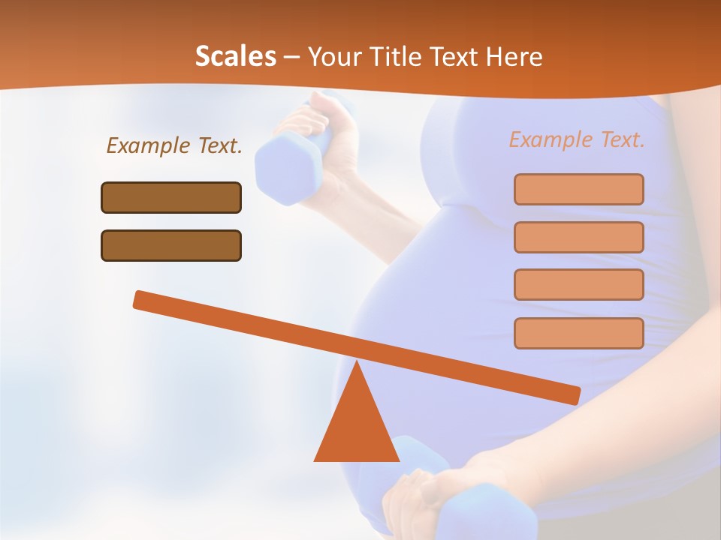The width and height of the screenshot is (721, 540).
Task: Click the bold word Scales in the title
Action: pyautogui.click(x=235, y=57)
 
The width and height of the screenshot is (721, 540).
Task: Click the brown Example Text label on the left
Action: pyautogui.click(x=174, y=146)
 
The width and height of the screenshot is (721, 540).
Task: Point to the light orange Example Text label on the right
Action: pyautogui.click(x=577, y=139)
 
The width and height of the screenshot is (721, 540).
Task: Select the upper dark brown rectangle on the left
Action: pyautogui.click(x=171, y=198)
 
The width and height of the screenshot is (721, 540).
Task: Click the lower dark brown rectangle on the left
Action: pyautogui.click(x=171, y=246)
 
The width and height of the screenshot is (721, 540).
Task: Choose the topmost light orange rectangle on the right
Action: pyautogui.click(x=579, y=189)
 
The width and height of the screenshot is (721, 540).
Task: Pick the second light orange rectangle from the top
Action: pyautogui.click(x=579, y=237)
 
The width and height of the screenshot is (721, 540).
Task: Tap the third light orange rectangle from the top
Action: pyautogui.click(x=579, y=285)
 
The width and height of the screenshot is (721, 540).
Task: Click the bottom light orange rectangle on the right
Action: pyautogui.click(x=579, y=333)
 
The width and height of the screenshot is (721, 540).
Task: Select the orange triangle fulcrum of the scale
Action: pyautogui.click(x=356, y=427)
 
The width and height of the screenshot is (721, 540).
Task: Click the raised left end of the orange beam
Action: pyautogui.click(x=143, y=300)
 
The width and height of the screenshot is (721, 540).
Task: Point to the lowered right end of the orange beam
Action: pyautogui.click(x=571, y=394)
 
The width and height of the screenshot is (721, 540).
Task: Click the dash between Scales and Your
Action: pyautogui.click(x=292, y=58)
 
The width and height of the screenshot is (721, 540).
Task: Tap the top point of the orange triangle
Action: pyautogui.click(x=356, y=364)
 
